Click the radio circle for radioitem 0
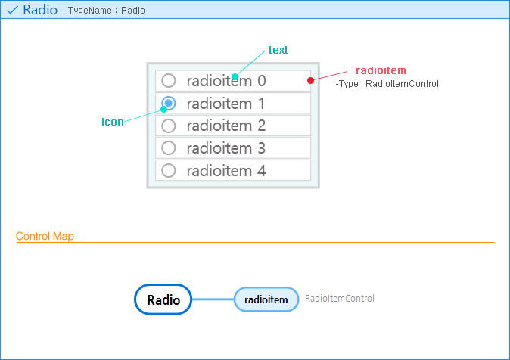169,80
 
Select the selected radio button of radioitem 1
169,103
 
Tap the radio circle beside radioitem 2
169,126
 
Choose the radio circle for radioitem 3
169,148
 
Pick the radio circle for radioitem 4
169,171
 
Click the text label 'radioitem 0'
226,80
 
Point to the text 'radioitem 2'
226,126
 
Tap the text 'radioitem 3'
226,148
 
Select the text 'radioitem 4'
226,171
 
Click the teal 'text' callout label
278,50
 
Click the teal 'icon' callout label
113,122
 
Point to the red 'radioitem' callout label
381,70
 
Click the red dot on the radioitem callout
310,80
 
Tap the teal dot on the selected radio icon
163,110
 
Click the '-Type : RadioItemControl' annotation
387,84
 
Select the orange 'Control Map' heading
45,237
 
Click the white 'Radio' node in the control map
163,299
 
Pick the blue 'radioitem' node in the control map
266,299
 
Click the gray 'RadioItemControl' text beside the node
340,299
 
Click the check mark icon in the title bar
12,11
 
